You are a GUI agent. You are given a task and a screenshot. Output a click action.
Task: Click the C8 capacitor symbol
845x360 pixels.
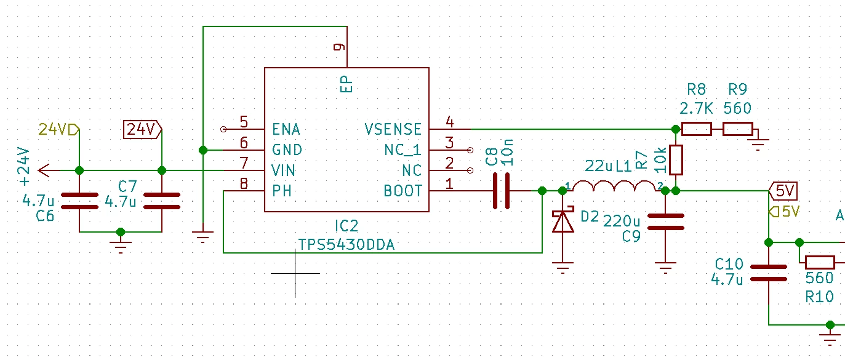tap(502, 191)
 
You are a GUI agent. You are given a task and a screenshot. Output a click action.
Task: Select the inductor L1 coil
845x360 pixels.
tap(614, 186)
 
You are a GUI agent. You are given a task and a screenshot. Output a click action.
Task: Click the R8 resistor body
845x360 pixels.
tap(697, 129)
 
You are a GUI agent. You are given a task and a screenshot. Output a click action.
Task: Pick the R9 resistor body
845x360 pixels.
tap(738, 129)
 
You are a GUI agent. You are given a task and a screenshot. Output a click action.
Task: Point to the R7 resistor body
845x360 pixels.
tap(676, 160)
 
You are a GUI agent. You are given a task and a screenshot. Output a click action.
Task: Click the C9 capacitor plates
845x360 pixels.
tap(665, 222)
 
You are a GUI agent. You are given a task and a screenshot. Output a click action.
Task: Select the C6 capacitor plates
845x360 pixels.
tap(79, 201)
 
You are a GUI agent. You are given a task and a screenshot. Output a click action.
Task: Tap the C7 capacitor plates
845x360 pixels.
tap(162, 201)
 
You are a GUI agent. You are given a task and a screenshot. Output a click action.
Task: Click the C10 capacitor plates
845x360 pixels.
tap(769, 273)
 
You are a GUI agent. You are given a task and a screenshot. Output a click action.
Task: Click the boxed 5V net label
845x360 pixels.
tap(783, 191)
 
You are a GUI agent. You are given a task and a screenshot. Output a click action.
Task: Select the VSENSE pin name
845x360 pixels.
tap(393, 129)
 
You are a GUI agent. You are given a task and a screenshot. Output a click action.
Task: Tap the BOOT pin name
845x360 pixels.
tap(402, 191)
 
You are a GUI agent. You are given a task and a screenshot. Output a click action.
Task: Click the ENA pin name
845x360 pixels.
tap(286, 129)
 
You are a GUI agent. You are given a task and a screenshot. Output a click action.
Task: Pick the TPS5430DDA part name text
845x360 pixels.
tap(346, 245)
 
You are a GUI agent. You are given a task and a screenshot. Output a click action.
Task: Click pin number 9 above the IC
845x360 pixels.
tap(340, 47)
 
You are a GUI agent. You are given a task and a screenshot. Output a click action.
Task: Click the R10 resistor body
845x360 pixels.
tap(820, 262)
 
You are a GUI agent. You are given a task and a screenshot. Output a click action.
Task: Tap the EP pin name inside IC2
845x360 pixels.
tap(346, 84)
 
